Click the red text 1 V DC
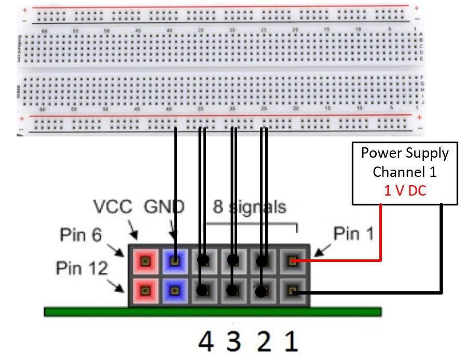405,191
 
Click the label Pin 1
353,234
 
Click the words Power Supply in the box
405,153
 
